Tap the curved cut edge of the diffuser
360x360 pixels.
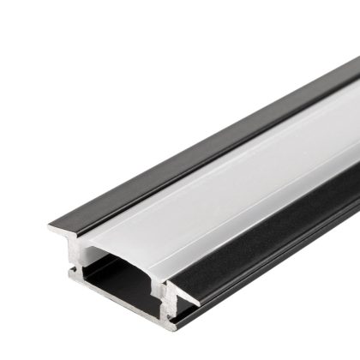coord(129,249)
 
